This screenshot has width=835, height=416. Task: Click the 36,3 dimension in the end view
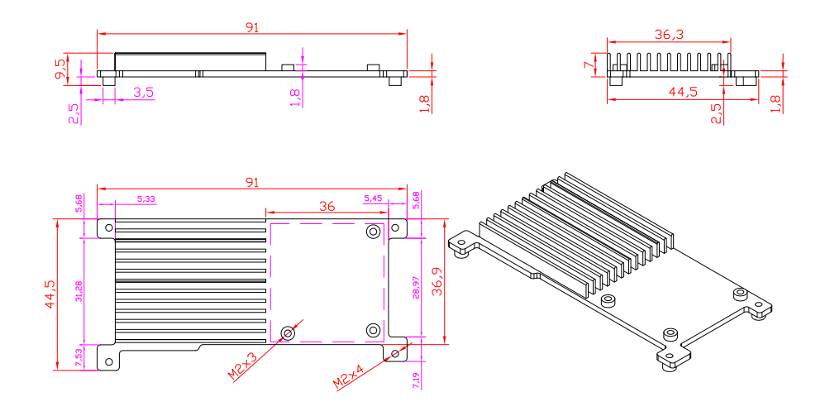tap(668, 35)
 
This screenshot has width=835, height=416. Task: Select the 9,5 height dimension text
tap(60, 68)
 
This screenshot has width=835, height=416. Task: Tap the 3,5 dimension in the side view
tap(143, 92)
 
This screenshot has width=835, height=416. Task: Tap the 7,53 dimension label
tap(79, 356)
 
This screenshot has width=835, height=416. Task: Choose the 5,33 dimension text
tap(146, 198)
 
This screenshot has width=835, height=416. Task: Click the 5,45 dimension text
tap(373, 198)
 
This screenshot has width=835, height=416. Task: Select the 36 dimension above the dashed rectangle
tap(327, 207)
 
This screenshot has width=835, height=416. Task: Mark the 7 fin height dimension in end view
tap(588, 65)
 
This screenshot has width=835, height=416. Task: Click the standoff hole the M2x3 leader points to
tap(288, 332)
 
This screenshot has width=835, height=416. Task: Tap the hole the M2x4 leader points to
tap(395, 354)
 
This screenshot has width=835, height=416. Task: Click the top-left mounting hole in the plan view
tap(108, 227)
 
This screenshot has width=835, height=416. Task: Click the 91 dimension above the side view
tap(252, 26)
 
